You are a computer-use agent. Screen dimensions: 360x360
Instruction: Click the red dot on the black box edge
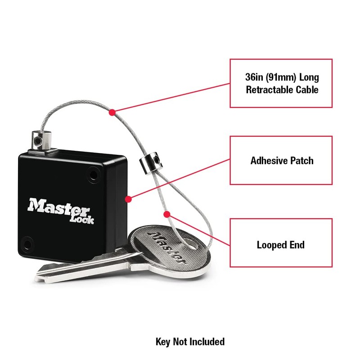tap(128, 198)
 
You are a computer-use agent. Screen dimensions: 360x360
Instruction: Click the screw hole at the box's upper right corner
tap(94, 173)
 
